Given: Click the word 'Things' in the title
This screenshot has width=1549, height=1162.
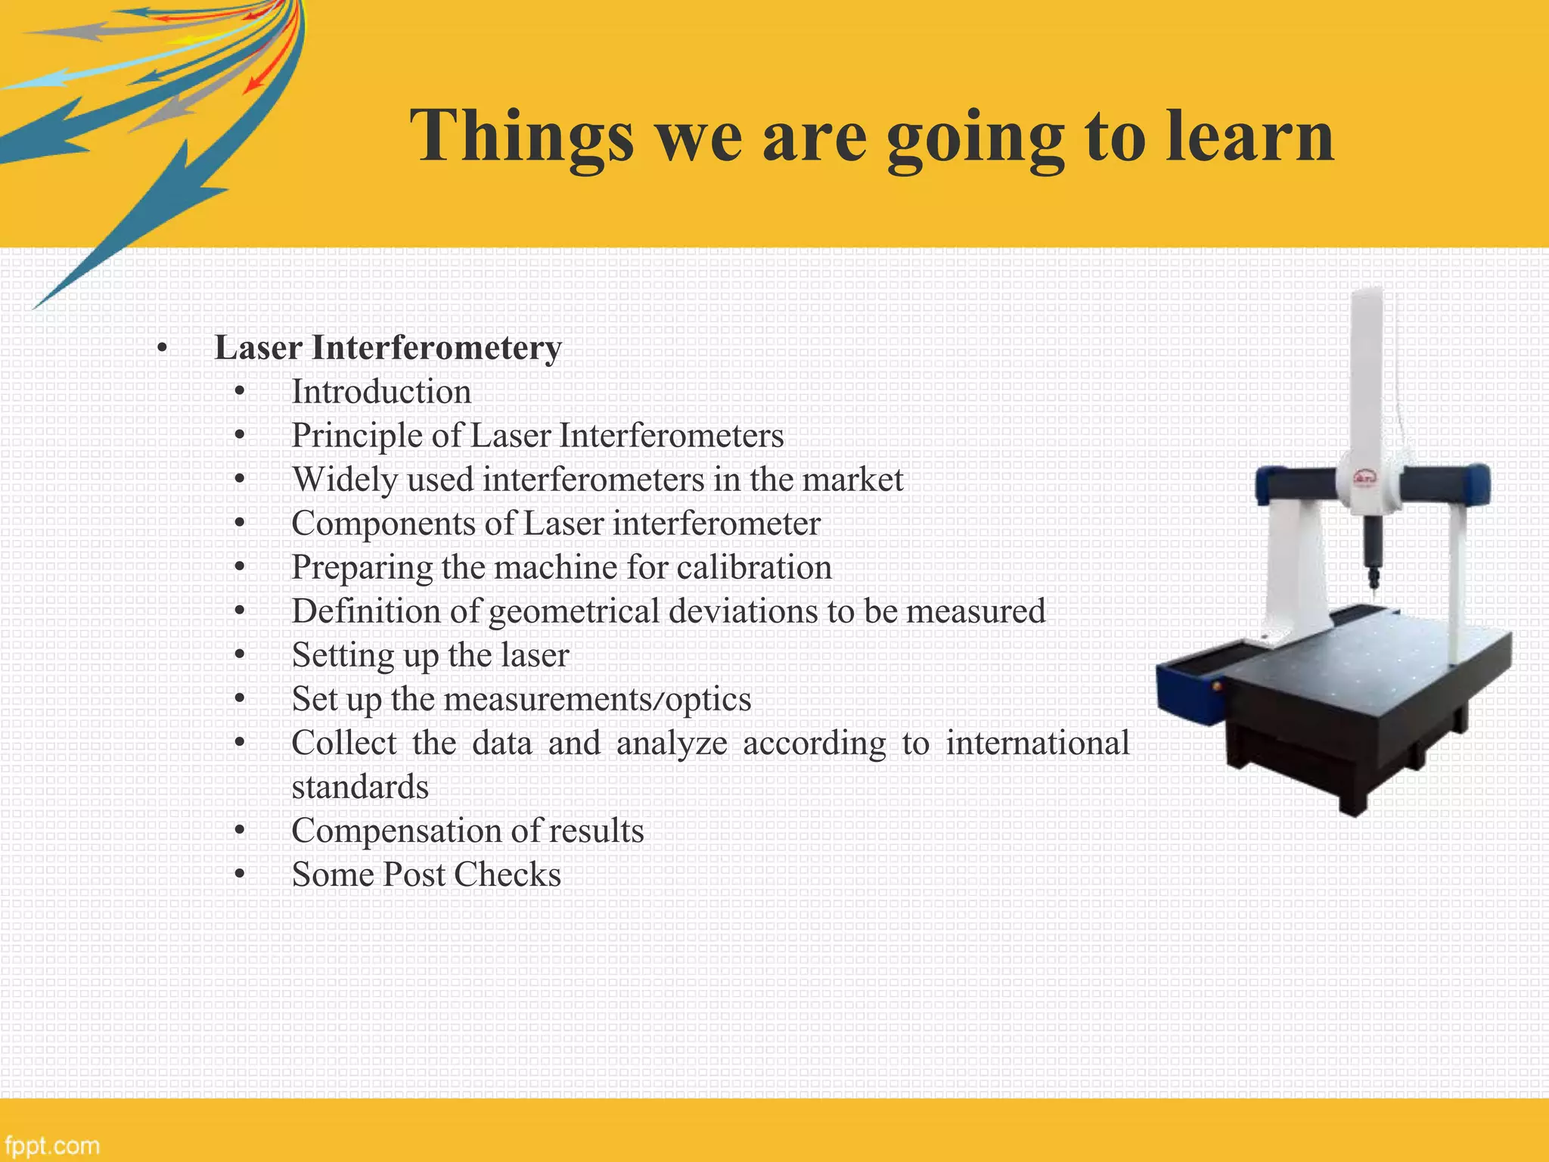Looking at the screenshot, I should pyautogui.click(x=522, y=136).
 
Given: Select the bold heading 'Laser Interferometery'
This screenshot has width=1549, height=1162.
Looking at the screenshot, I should pyautogui.click(x=388, y=348).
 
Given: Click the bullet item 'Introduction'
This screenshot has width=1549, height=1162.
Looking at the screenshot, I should pyautogui.click(x=381, y=392).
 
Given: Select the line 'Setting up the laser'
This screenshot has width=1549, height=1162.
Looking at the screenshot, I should pyautogui.click(x=430, y=655).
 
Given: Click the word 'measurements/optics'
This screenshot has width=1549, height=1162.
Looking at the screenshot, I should pyautogui.click(x=597, y=699).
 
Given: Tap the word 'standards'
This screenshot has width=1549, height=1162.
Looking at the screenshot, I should pyautogui.click(x=360, y=787).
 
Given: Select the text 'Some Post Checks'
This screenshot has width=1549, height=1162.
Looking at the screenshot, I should pyautogui.click(x=427, y=875).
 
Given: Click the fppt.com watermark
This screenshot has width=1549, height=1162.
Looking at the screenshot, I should pyautogui.click(x=51, y=1145).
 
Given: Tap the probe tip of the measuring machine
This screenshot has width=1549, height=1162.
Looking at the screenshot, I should pyautogui.click(x=1373, y=586).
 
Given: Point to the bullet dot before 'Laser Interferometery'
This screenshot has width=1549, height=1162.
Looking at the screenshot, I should pyautogui.click(x=161, y=349).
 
